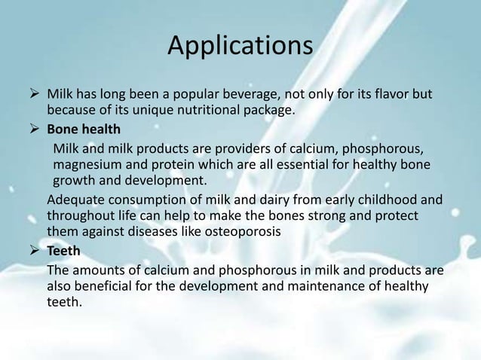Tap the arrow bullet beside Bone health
[x=34, y=128]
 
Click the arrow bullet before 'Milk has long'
[x=34, y=96]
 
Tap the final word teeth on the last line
[x=64, y=303]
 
